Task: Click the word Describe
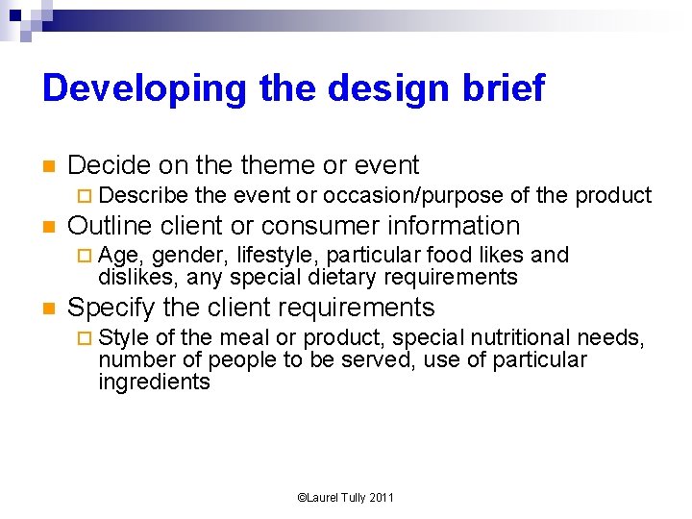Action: click(x=143, y=195)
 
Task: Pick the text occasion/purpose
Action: click(x=413, y=195)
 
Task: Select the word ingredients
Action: click(x=154, y=382)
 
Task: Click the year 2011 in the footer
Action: click(x=381, y=497)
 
